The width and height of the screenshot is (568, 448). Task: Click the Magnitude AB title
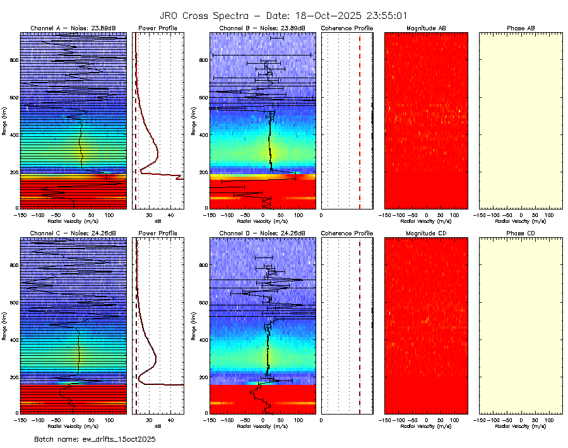(426, 28)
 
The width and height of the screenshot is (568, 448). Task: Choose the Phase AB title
(521, 28)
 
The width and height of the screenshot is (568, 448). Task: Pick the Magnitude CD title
(426, 233)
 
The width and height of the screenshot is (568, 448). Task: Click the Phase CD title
(521, 233)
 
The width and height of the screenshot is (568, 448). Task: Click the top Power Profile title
(158, 28)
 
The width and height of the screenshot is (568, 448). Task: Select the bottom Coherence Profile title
(347, 233)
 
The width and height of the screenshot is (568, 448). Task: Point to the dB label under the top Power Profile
(158, 221)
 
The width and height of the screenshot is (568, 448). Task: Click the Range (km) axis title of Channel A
(4, 120)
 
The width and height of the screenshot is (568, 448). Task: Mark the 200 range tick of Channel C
(13, 377)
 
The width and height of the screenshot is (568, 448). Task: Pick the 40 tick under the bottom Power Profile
(170, 420)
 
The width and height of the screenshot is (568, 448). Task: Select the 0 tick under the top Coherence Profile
(322, 215)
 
